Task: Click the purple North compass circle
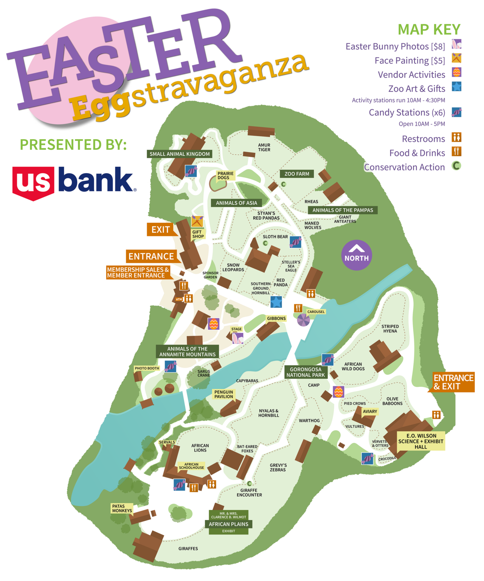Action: (356, 255)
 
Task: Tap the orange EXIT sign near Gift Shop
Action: (160, 230)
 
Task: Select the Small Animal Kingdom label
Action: (179, 154)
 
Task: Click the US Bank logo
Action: (74, 182)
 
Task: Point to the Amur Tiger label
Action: (264, 148)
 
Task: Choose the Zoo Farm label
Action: (296, 174)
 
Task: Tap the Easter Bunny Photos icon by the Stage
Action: (237, 338)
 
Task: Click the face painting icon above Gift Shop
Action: (197, 221)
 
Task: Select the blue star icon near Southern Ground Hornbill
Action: (276, 302)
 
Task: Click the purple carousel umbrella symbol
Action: (303, 320)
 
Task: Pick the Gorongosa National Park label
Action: (306, 372)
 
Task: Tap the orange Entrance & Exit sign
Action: (453, 382)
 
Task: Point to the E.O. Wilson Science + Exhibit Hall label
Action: (420, 441)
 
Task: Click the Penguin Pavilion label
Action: (223, 395)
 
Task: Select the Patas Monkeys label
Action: (122, 508)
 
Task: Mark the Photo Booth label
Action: (147, 368)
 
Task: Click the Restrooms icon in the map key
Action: (456, 137)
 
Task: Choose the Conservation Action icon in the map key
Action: (456, 166)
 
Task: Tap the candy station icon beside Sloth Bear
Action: (295, 242)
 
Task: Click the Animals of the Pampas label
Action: (343, 210)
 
